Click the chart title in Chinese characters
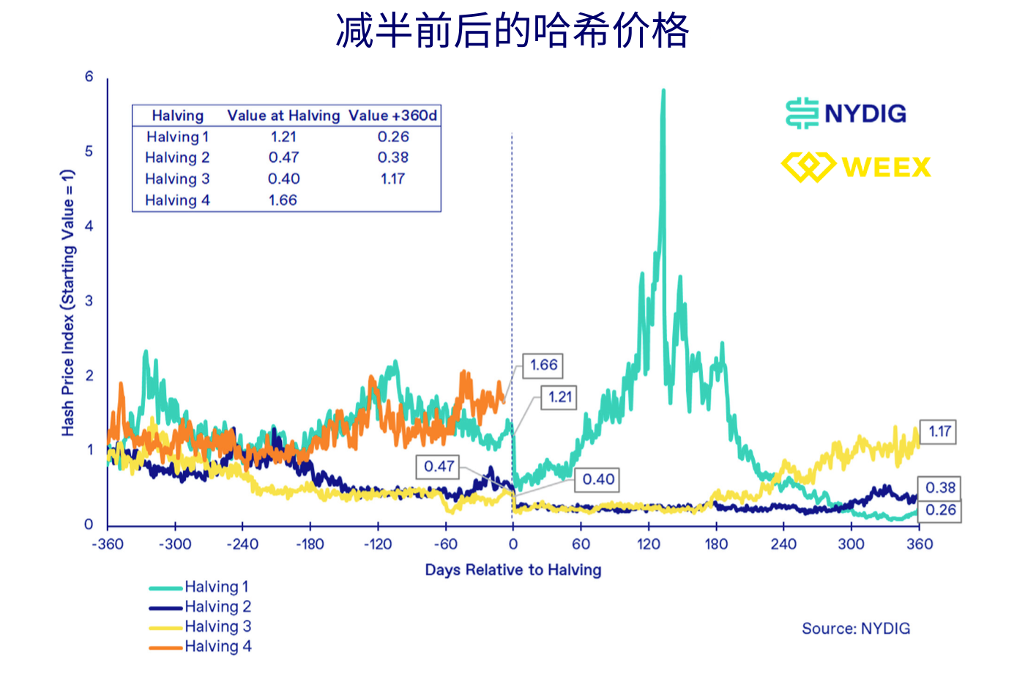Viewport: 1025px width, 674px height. (512, 31)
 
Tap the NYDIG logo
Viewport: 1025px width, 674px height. (846, 114)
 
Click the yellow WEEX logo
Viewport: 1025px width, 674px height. (856, 167)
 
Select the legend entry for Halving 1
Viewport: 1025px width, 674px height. (199, 587)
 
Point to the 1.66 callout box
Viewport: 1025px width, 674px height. (543, 365)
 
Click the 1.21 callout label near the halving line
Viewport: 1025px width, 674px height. (559, 397)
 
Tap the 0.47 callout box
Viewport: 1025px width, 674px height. (439, 466)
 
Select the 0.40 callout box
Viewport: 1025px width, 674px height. (597, 480)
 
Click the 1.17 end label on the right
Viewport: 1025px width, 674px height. (939, 432)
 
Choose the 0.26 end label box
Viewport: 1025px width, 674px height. (940, 510)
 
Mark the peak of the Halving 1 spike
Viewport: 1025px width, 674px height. (663, 91)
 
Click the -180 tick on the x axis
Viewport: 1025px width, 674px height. (310, 544)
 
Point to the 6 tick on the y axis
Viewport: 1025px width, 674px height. (89, 77)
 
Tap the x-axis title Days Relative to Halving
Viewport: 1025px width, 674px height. (512, 570)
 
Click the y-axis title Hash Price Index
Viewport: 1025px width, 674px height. (67, 303)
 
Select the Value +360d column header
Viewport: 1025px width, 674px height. (392, 116)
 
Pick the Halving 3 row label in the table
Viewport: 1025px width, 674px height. (177, 179)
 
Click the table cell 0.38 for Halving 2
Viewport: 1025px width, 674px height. (392, 158)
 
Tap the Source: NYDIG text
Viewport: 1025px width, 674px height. (855, 629)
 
